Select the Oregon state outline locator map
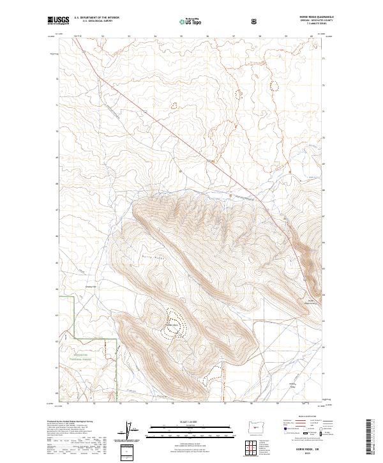(x=254, y=423)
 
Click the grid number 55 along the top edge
(x=182, y=36)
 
